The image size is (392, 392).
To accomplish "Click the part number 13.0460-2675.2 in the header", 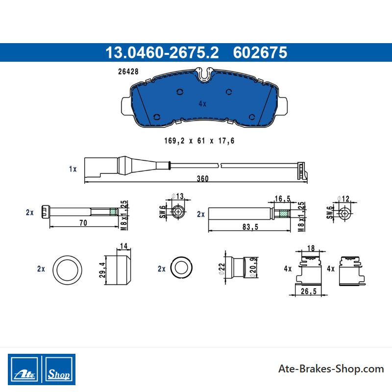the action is tap(162, 52).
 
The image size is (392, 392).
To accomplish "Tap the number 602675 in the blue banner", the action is tap(260, 52).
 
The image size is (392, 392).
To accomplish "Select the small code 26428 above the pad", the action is tap(128, 72).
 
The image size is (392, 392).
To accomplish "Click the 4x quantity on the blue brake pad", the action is tap(202, 103).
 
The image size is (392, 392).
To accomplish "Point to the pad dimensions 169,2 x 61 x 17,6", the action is tap(199, 141).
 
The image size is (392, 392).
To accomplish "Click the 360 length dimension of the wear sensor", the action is tap(202, 178).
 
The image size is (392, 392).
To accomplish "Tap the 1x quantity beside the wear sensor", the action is tap(73, 169).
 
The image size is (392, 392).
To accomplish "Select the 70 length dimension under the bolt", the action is tap(83, 222).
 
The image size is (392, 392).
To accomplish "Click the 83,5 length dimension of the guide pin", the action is tap(250, 227).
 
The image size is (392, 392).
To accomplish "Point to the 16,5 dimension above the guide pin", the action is tap(283, 199).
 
